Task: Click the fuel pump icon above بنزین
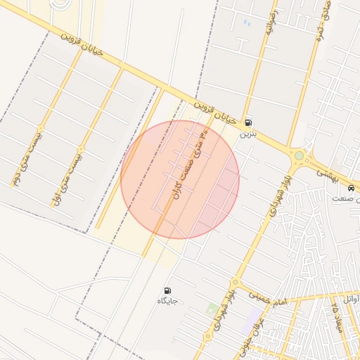[247, 122]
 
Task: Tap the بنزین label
[247, 133]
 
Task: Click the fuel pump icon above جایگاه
[167, 290]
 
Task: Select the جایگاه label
[167, 301]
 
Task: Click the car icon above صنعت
[351, 188]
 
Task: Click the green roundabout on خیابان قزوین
[299, 155]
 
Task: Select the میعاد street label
[338, 313]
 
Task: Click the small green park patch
[212, 308]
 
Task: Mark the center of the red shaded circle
[180, 179]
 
